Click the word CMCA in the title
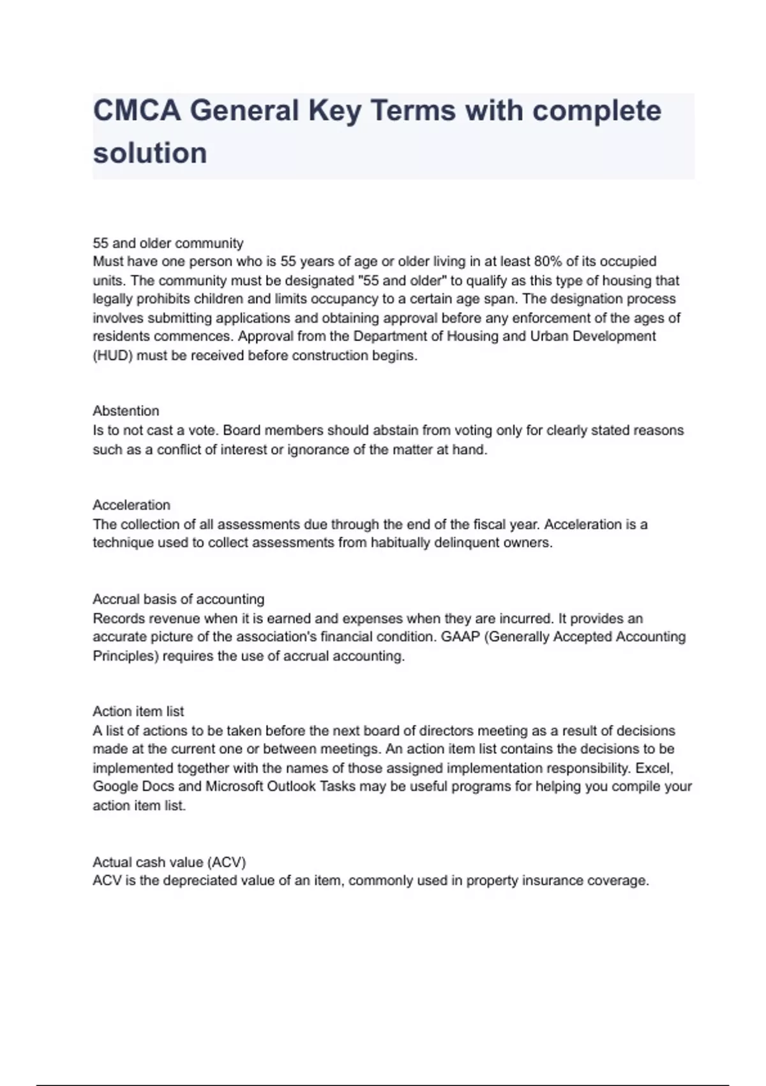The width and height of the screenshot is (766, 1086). click(137, 111)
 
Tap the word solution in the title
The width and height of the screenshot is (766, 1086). click(150, 153)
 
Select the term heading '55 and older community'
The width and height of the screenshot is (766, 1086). click(168, 243)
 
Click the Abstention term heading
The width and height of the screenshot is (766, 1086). click(126, 411)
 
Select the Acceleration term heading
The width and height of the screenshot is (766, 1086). click(131, 505)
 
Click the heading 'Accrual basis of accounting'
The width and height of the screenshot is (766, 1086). click(178, 599)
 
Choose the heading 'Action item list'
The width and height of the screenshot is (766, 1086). click(138, 711)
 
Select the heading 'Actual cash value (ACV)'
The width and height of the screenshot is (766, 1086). click(169, 862)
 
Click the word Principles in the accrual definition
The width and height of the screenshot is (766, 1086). click(125, 655)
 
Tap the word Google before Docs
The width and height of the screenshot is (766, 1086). click(115, 786)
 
